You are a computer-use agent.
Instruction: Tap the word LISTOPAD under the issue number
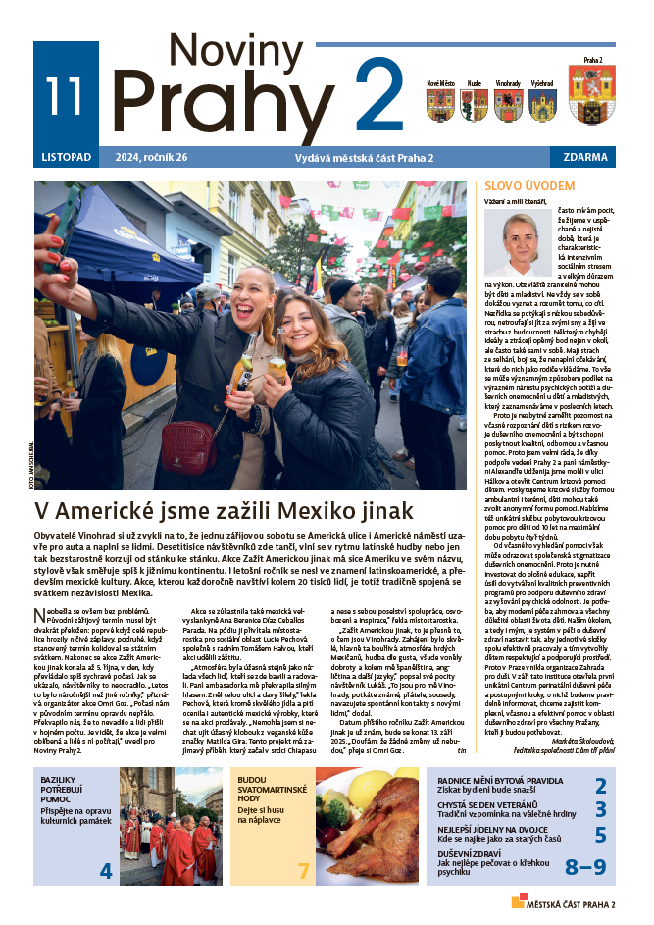[x=67, y=157]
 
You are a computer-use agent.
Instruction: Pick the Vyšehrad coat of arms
[x=541, y=104]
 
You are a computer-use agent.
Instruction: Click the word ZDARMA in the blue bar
[x=584, y=157]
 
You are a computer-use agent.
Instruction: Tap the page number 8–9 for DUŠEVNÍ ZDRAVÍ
[x=585, y=867]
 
